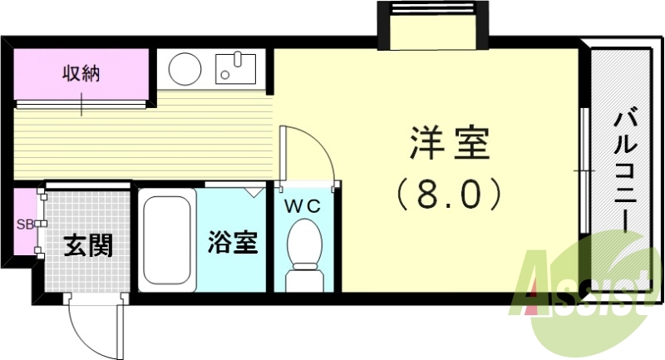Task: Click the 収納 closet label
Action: tap(81, 74)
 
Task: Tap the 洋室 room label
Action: tap(450, 145)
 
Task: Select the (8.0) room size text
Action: tap(450, 194)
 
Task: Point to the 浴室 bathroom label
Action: tap(233, 244)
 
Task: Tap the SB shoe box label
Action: tap(23, 224)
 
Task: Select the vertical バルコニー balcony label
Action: tap(625, 171)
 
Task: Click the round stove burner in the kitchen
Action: tap(184, 67)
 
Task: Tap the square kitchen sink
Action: tap(238, 67)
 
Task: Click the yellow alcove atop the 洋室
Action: tap(434, 32)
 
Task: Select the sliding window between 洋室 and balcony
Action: tap(585, 170)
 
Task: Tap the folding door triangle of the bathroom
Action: tap(251, 190)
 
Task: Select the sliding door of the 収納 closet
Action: tap(81, 104)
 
